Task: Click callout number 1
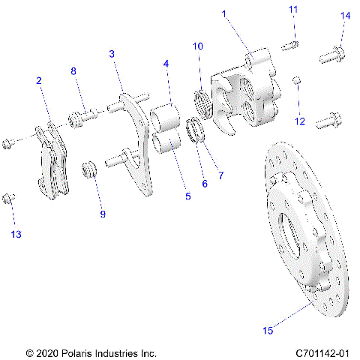pyautogui.click(x=223, y=13)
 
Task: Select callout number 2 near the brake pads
pyautogui.click(x=38, y=80)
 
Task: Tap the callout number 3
pyautogui.click(x=112, y=54)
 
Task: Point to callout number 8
pyautogui.click(x=73, y=71)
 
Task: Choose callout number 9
pyautogui.click(x=103, y=214)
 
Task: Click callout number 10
pyautogui.click(x=198, y=46)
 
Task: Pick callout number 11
pyautogui.click(x=293, y=9)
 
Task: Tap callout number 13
pyautogui.click(x=16, y=235)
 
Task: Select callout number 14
pyautogui.click(x=345, y=16)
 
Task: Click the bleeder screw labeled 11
pyautogui.click(x=291, y=46)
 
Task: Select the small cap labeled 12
pyautogui.click(x=297, y=79)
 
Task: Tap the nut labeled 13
pyautogui.click(x=10, y=198)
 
